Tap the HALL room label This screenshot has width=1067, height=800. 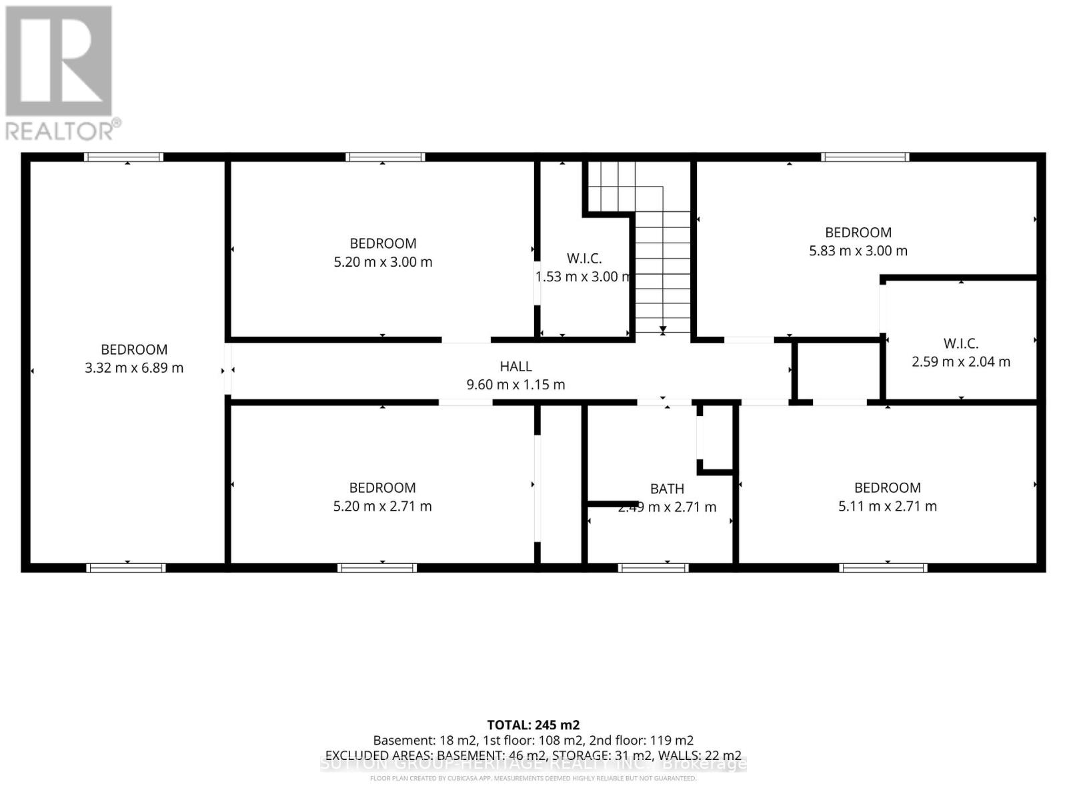pos(515,366)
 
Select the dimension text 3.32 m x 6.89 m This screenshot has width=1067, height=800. pos(134,367)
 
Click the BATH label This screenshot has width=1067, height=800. pos(667,489)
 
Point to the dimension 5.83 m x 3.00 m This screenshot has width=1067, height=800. pos(858,251)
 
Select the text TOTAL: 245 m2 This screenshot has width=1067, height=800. pos(533,725)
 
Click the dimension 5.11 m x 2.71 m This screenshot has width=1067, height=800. pos(887,506)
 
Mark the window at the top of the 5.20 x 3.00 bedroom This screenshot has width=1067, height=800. pos(385,157)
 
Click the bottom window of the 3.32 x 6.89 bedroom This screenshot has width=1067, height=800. pos(126,567)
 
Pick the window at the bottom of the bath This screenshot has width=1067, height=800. pos(653,567)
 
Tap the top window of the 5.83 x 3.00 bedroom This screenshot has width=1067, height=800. pos(864,157)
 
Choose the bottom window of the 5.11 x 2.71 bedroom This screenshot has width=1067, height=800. pos(883,567)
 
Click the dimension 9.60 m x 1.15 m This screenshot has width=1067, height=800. pos(515,384)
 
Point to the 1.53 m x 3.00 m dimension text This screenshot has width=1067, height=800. pos(584,276)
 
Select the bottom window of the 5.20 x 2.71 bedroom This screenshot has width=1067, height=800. pos(377,567)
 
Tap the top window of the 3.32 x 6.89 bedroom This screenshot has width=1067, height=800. pos(123,157)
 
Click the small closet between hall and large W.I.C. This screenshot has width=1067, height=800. pos(838,371)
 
